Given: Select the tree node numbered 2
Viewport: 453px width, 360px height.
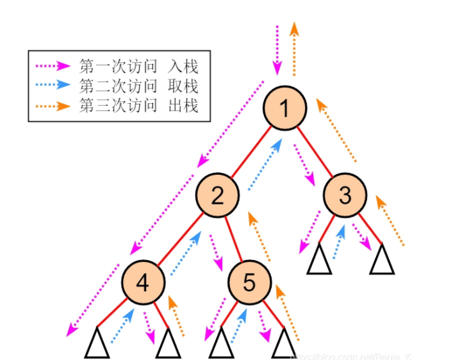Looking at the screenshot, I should click(x=217, y=195).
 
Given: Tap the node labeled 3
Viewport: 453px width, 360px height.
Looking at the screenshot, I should click(x=345, y=195).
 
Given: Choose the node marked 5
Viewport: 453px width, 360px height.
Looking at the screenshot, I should click(x=249, y=282).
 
